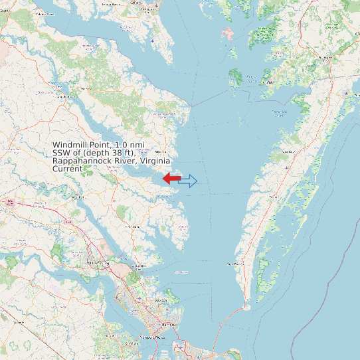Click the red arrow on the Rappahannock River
[x=171, y=179]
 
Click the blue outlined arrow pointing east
[x=189, y=181]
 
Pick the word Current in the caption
[x=67, y=169]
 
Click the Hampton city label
[x=160, y=301]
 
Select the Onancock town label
[x=288, y=151]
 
